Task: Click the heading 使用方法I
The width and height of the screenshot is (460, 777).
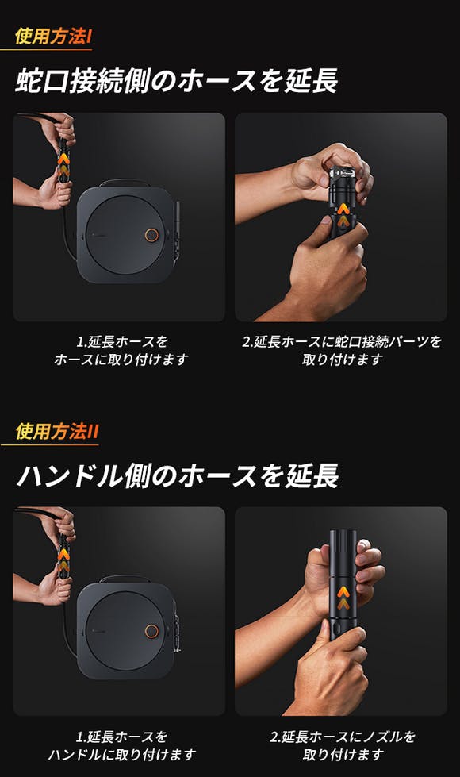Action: tap(53, 37)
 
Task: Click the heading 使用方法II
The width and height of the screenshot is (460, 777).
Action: tap(57, 431)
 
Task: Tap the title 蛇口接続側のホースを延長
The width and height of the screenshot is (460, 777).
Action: tap(177, 81)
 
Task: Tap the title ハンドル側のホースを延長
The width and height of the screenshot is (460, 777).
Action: tap(178, 475)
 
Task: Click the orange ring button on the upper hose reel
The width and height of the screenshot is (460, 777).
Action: tap(151, 235)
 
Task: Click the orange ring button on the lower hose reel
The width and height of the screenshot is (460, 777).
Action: tap(151, 631)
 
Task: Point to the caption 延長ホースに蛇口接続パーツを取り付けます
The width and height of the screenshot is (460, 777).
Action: tap(342, 350)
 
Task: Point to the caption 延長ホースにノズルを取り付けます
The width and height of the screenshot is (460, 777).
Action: tap(343, 745)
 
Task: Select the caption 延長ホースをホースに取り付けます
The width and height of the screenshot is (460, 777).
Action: tap(121, 350)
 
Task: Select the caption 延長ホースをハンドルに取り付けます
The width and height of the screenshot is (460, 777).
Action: tap(122, 745)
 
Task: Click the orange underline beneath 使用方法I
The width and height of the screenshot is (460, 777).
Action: tap(46, 49)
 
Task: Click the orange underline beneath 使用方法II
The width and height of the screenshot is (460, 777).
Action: tap(49, 444)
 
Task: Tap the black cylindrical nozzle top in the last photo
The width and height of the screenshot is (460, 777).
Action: tap(343, 548)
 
